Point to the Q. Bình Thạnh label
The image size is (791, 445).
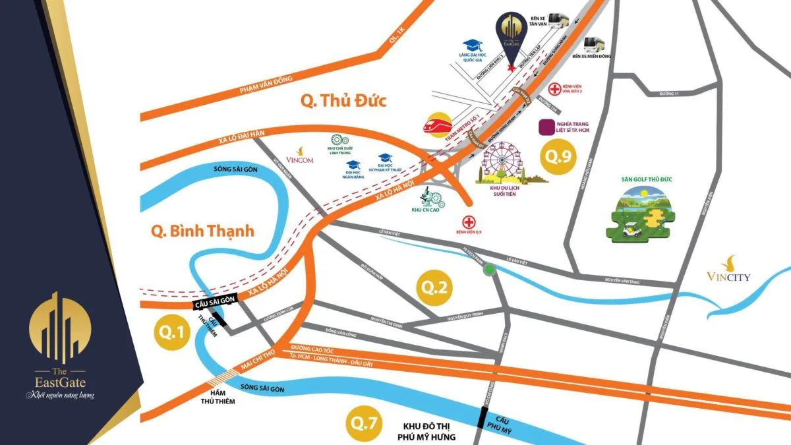202,231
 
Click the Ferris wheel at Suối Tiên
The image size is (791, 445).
504,162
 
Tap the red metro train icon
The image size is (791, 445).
436,125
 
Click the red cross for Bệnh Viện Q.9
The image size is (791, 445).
469,222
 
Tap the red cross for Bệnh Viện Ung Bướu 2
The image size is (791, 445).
555,88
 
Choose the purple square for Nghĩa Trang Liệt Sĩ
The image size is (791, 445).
546,126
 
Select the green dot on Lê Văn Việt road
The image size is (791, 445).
489,270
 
